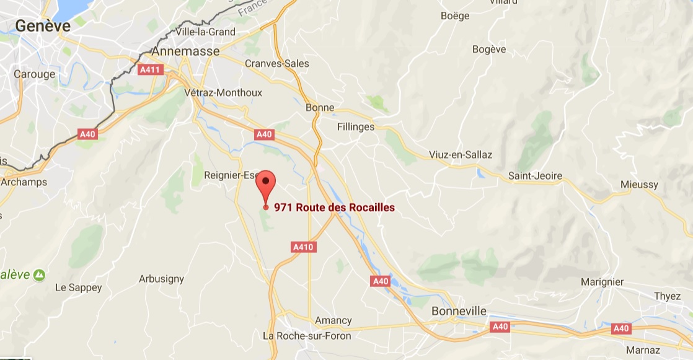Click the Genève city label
point(43,25)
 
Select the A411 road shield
point(151,70)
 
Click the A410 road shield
point(304,247)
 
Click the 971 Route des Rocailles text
point(334,208)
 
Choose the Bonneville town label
point(459,310)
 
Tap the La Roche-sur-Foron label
point(307,336)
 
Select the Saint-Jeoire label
point(535,176)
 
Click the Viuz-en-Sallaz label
point(461,154)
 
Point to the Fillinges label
point(356,126)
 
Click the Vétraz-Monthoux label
point(223,92)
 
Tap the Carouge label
point(35,74)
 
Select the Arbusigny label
point(161,279)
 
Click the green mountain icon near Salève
point(39,273)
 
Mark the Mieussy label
point(638,185)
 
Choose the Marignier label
point(602,282)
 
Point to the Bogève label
point(489,50)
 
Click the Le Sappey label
point(78,288)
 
